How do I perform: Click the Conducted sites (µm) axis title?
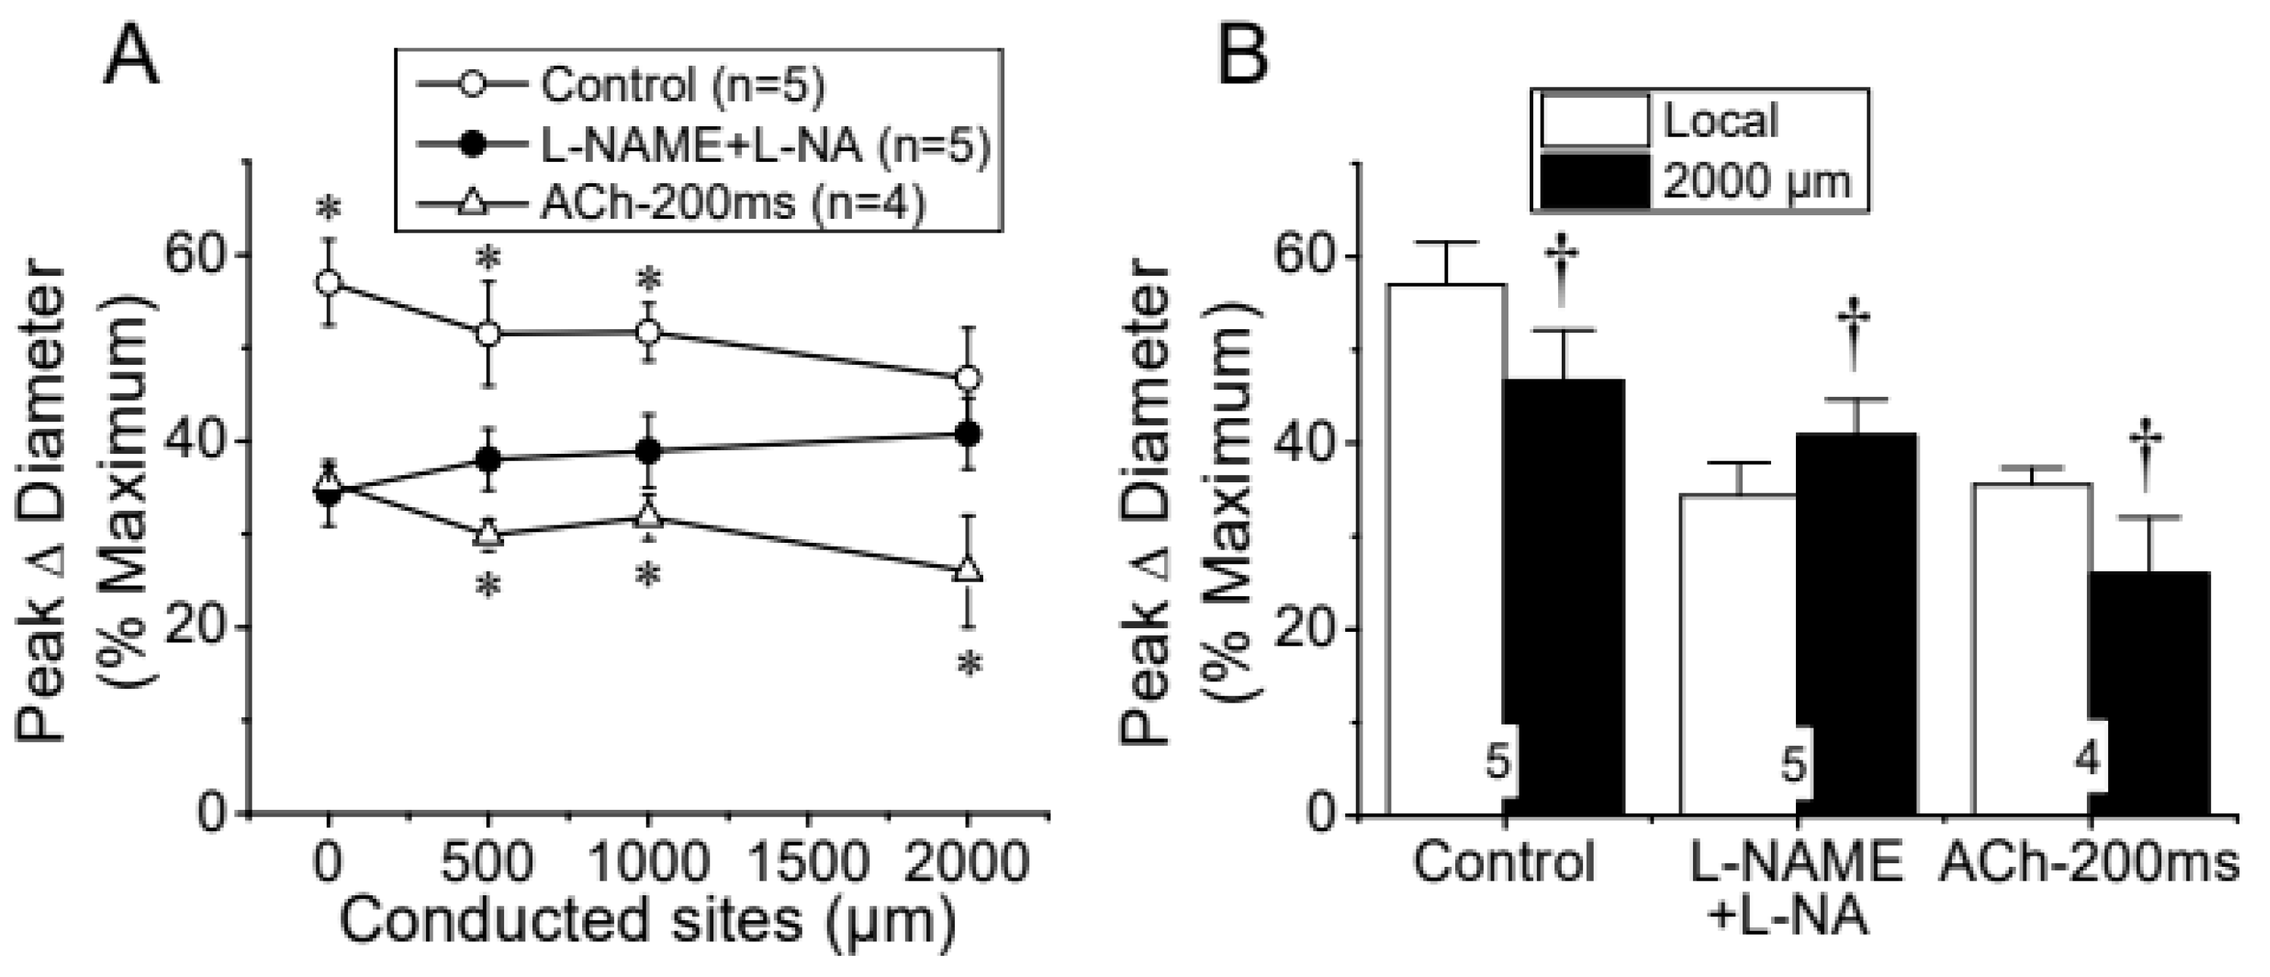coord(648,922)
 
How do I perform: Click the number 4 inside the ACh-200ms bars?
coord(2088,760)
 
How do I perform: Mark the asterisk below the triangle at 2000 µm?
coord(969,665)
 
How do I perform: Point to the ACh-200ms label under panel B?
coord(2089,862)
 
